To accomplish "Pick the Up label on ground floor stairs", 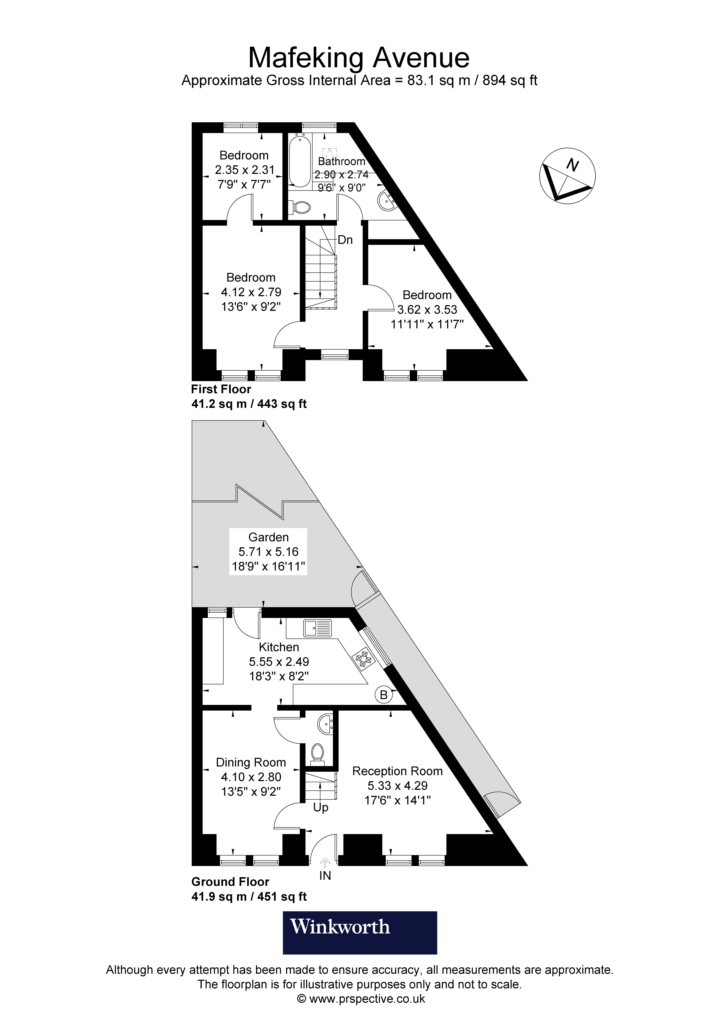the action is point(321,807).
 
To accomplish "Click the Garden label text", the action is point(269,537).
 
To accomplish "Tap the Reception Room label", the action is point(397,771).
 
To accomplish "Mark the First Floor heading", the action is point(221,389).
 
